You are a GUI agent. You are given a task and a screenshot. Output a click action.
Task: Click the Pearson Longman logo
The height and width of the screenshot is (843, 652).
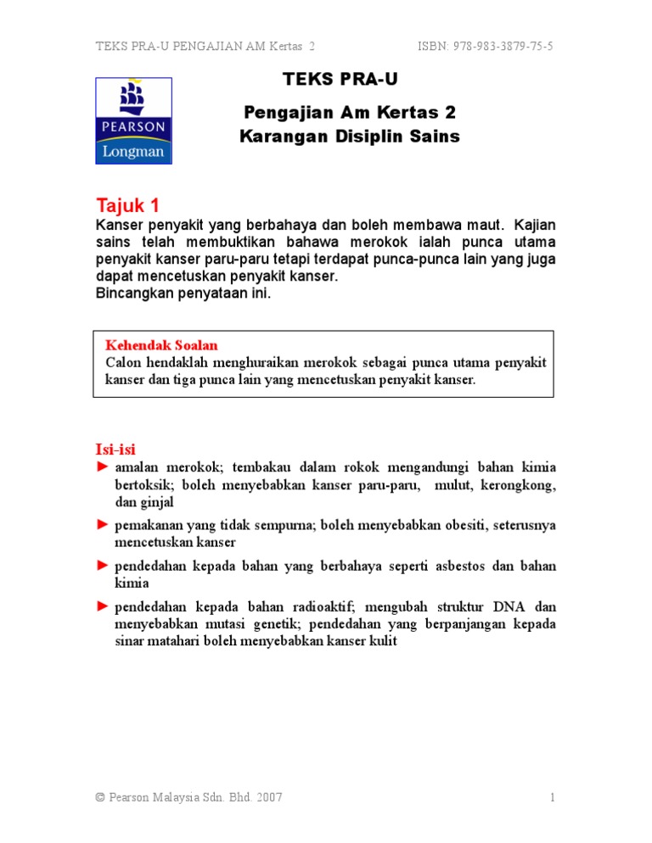click(x=133, y=120)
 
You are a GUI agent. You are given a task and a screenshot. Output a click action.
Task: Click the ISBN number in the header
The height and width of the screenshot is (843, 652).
click(x=485, y=46)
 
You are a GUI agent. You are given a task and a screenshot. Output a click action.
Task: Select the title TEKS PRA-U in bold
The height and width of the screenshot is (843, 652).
click(x=340, y=80)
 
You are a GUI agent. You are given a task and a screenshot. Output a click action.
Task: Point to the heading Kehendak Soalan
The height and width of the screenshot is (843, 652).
click(x=161, y=345)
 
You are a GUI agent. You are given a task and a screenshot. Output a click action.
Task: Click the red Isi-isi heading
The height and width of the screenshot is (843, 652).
click(x=115, y=449)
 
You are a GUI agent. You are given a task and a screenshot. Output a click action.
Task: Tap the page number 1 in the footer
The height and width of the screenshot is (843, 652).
click(x=552, y=797)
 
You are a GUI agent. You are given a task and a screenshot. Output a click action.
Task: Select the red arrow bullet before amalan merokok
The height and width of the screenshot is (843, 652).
click(x=102, y=467)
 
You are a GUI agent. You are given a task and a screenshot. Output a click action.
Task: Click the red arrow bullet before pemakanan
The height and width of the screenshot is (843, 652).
click(x=102, y=525)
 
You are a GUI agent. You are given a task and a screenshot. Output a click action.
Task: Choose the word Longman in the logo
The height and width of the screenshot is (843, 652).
click(x=133, y=152)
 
